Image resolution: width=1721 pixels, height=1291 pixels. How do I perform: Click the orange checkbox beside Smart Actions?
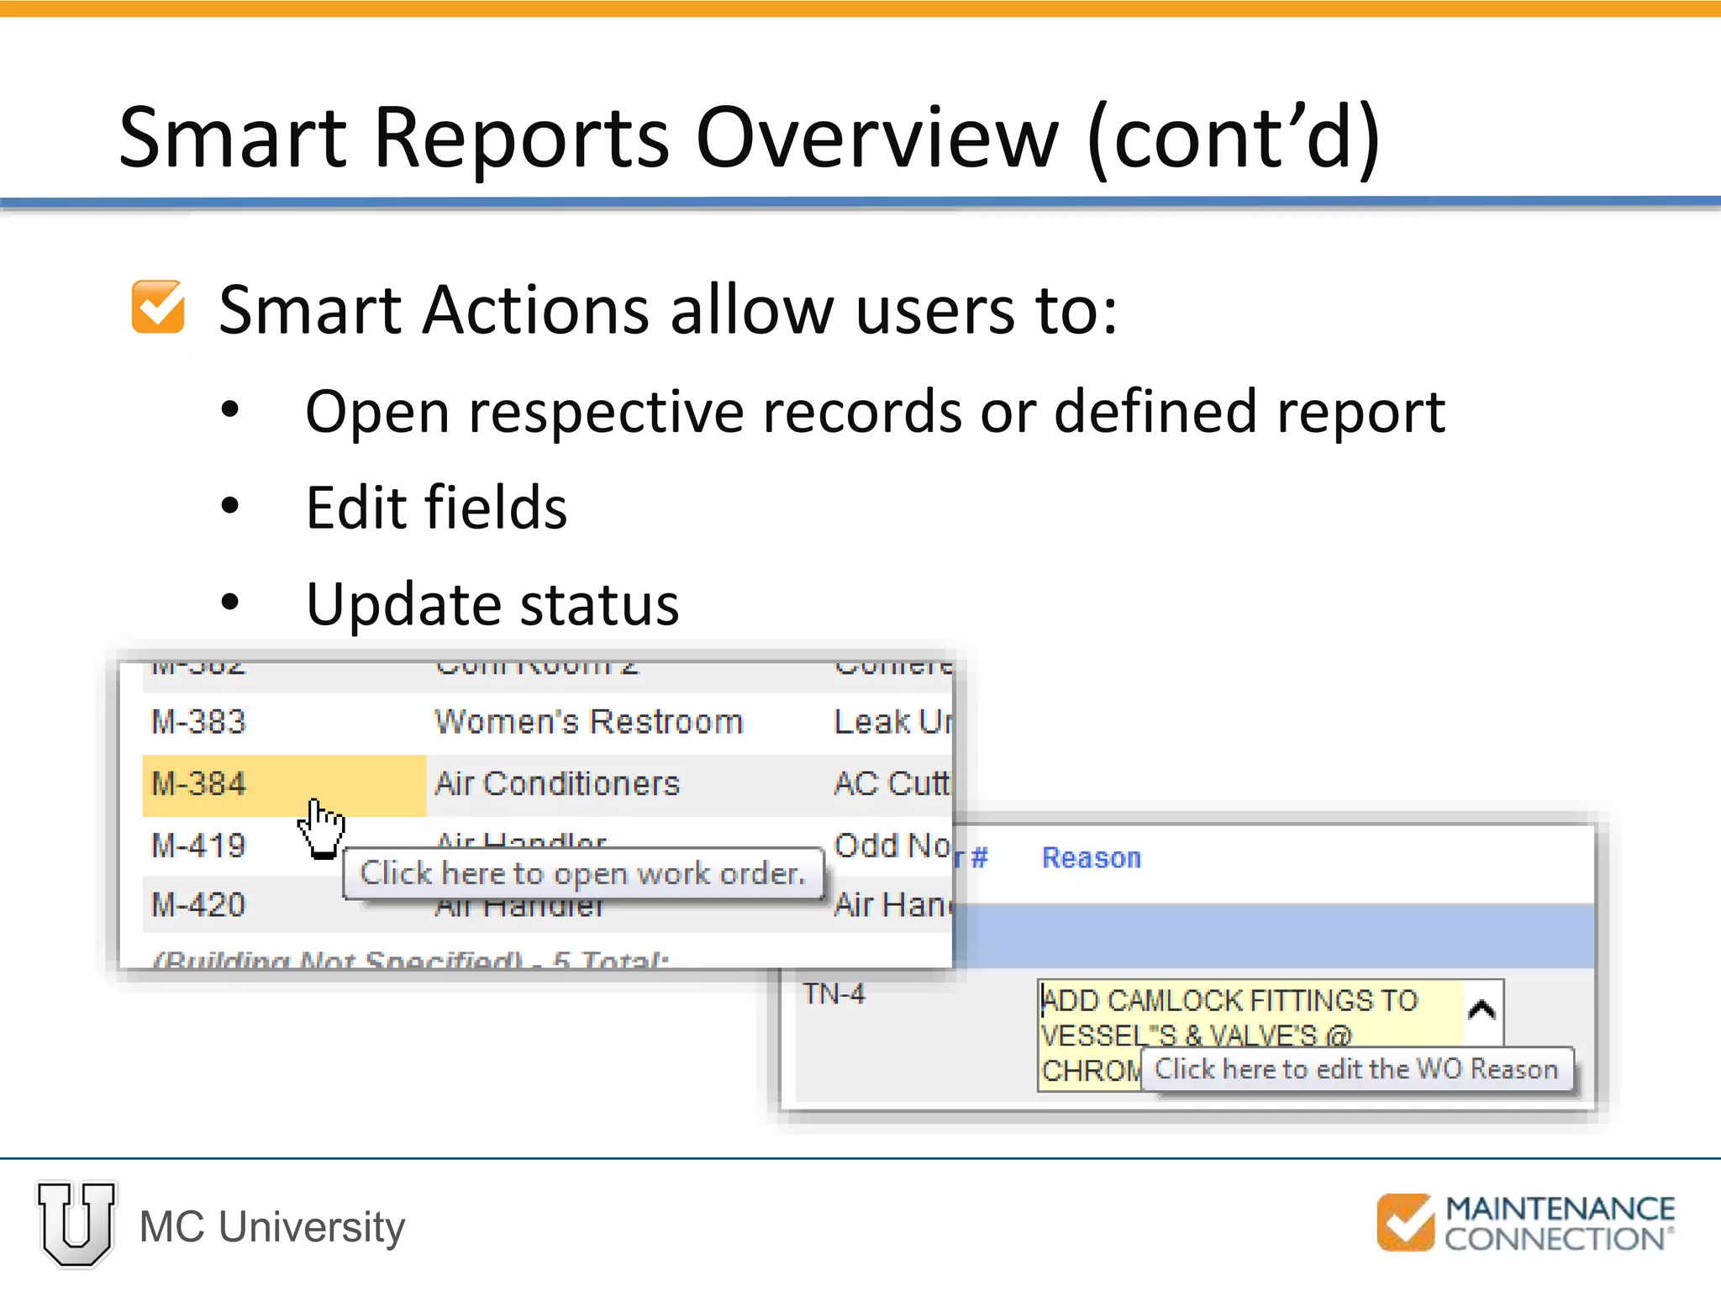[x=158, y=308]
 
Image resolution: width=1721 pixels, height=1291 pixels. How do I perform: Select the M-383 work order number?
[x=198, y=722]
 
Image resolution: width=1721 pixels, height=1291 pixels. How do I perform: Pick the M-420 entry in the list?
[x=198, y=905]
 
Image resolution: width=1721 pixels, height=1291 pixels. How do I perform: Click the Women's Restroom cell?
[x=588, y=722]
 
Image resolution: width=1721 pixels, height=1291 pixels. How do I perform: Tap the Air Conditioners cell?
[x=556, y=784]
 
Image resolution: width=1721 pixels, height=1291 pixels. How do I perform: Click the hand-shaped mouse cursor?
[x=322, y=828]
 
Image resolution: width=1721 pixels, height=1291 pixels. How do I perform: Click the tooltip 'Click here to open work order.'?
[x=582, y=874]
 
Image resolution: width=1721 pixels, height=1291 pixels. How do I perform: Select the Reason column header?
[x=1091, y=858]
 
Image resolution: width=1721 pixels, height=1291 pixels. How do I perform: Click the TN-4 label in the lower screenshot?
[x=833, y=994]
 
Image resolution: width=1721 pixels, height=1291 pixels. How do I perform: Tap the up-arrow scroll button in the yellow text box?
[x=1482, y=1009]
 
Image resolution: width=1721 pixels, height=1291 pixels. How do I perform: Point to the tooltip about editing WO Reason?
[x=1355, y=1069]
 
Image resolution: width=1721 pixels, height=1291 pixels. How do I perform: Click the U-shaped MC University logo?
[x=76, y=1224]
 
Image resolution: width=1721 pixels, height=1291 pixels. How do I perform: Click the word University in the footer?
[x=311, y=1227]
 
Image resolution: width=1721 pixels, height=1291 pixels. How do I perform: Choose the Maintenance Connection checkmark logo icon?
[x=1404, y=1222]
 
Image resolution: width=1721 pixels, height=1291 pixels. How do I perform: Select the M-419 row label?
[x=198, y=846]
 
